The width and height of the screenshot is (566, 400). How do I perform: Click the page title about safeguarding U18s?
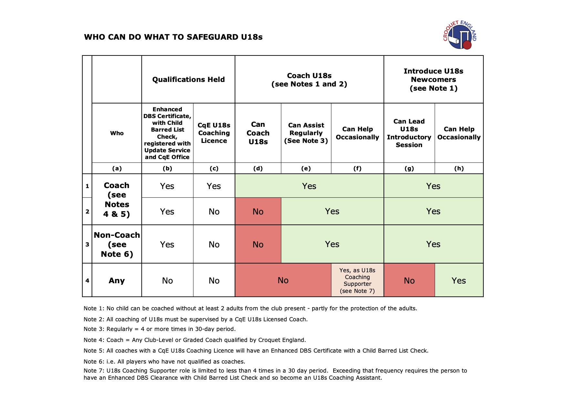point(173,37)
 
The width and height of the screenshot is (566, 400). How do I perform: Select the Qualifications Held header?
point(188,79)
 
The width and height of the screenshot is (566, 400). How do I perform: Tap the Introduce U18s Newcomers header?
point(433,80)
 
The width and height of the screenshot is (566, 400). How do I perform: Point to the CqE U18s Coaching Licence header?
point(214,133)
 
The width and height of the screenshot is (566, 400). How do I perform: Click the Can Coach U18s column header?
point(258,133)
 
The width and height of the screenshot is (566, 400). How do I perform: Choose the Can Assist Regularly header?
point(306,133)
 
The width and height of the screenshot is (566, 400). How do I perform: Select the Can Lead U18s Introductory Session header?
point(409,133)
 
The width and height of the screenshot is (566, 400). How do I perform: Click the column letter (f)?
point(357,168)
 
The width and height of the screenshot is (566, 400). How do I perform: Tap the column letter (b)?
point(167,168)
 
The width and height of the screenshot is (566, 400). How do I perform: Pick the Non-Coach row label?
point(117,244)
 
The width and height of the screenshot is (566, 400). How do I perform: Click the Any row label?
point(117,280)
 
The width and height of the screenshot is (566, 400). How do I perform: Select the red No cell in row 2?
point(258,212)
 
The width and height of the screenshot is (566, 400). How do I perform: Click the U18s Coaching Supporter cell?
point(357,280)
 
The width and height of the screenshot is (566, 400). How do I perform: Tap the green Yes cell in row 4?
point(458,280)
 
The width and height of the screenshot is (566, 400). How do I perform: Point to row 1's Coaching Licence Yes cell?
point(214,186)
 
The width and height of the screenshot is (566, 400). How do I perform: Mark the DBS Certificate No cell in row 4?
point(167,280)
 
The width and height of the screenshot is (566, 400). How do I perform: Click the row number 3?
point(87,244)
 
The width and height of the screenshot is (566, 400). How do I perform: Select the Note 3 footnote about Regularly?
point(160,329)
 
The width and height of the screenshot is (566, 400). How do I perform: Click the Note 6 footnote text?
point(164,362)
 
